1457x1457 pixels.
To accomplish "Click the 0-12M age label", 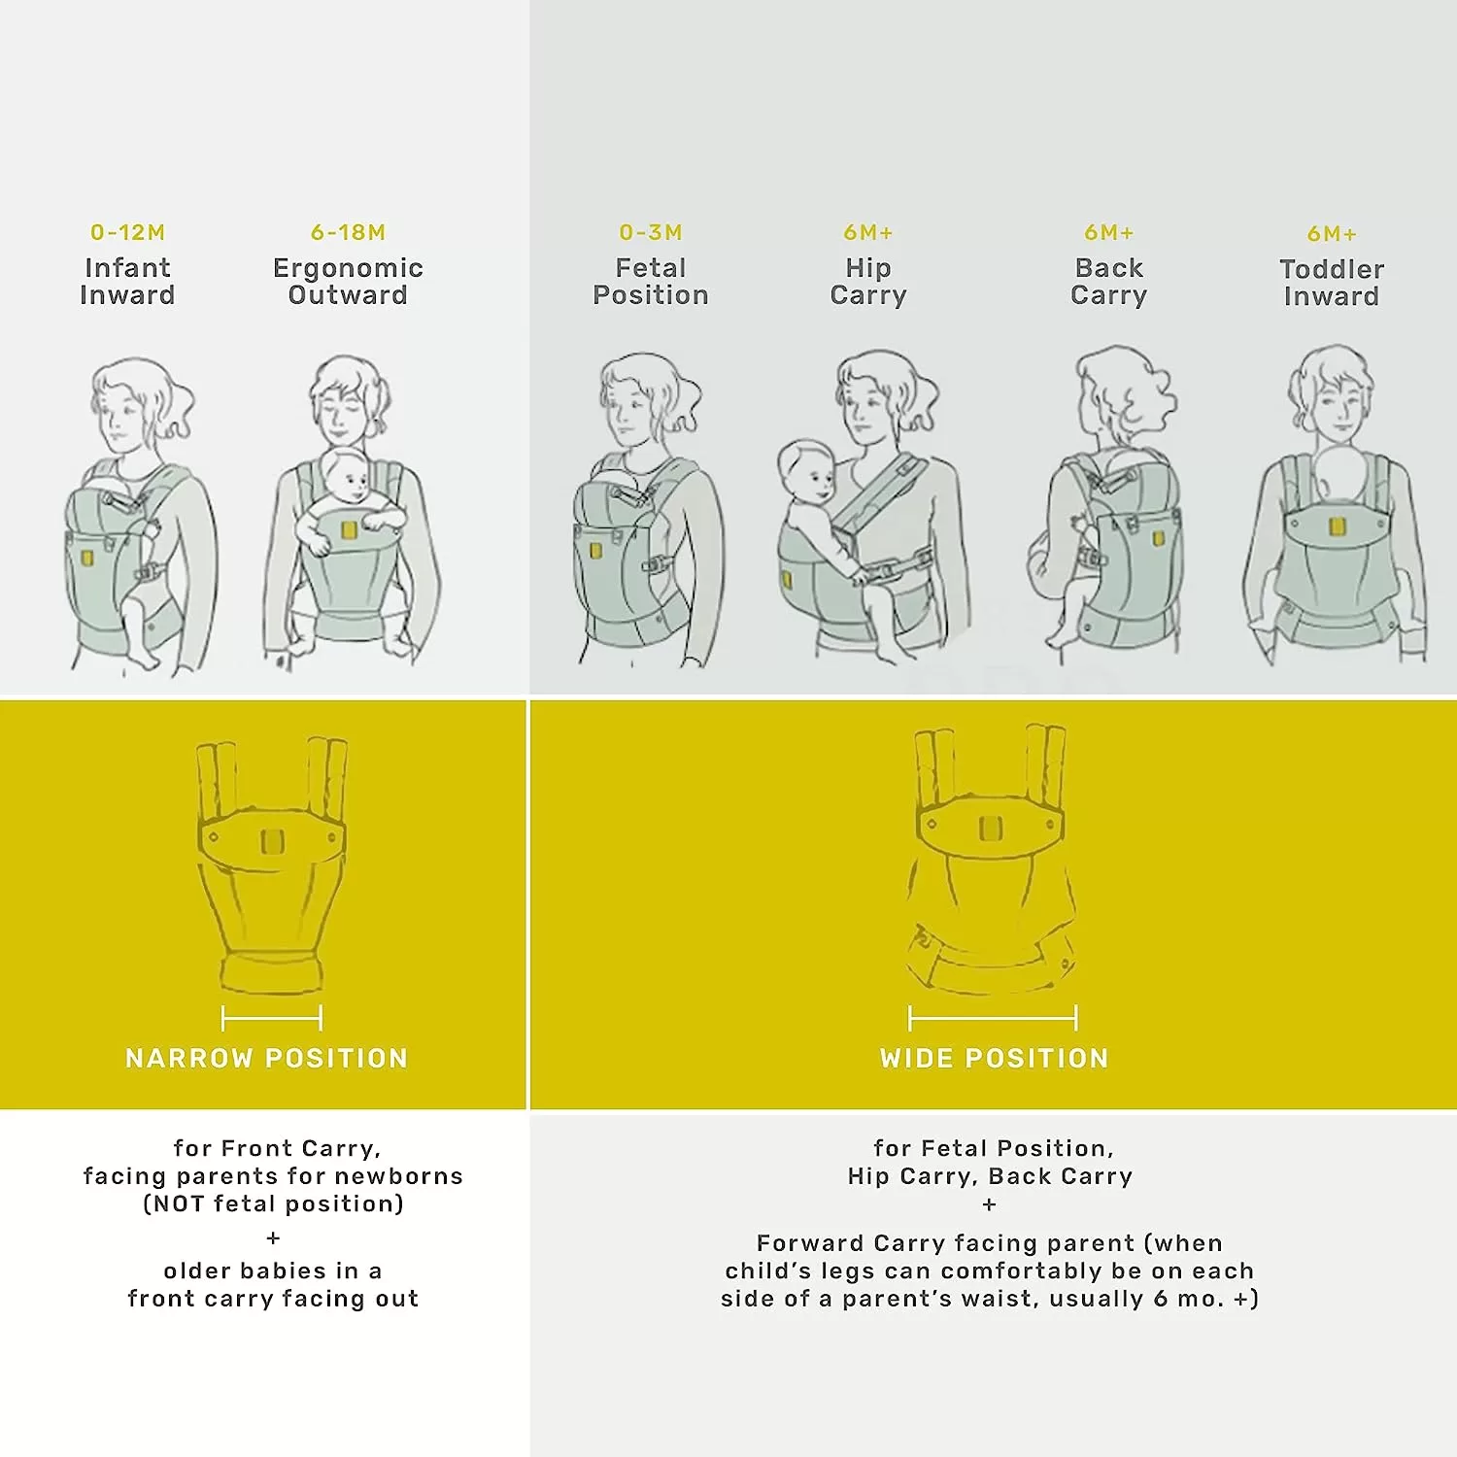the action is point(127,233).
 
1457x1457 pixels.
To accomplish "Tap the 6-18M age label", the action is point(348,233).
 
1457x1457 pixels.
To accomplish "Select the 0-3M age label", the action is point(651,233).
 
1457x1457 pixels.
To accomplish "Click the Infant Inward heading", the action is point(127,282).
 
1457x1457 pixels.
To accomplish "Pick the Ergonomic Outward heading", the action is point(348,282).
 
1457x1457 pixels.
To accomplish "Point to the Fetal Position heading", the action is point(651,282).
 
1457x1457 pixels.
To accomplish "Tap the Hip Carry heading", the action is point(868,282).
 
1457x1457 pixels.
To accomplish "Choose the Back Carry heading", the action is point(1109,282).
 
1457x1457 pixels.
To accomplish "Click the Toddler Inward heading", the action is point(1332,283).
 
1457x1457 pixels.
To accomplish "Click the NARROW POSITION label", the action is point(266,1058).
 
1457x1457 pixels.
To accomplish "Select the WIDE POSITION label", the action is point(994,1058).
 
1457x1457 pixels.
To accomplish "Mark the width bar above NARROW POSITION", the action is point(272,1018).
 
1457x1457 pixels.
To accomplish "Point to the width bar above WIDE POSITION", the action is point(993,1018).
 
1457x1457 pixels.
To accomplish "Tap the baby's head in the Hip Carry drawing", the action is point(806,470).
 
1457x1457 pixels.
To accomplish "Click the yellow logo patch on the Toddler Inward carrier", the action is point(1337,527).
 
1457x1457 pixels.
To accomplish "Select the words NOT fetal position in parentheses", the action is point(273,1204).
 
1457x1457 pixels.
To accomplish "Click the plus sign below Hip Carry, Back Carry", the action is point(989,1204).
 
